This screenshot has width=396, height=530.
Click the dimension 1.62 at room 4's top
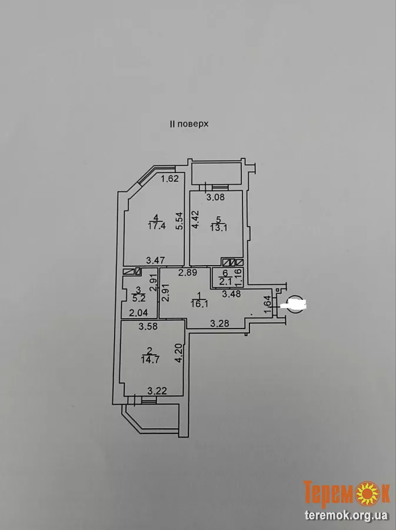(x=169, y=178)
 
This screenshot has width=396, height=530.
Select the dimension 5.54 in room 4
(x=179, y=221)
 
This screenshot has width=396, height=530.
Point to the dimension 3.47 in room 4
(x=155, y=260)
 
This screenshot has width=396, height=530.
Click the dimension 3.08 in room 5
(x=215, y=197)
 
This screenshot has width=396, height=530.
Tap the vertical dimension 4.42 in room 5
(x=198, y=221)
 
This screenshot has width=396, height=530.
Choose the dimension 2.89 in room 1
(x=171, y=272)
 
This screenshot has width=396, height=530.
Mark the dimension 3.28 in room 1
(x=220, y=323)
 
